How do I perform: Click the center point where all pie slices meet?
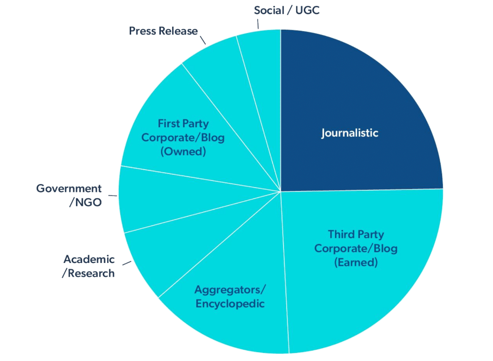point(280,191)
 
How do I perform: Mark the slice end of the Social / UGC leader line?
point(259,29)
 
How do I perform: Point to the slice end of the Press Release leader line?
point(206,44)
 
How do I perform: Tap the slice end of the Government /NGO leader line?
point(117,196)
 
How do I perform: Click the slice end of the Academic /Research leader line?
point(131,261)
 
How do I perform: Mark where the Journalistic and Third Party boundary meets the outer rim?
point(443,189)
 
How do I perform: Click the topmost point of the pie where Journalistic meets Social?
point(280,30)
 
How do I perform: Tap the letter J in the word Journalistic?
point(323,133)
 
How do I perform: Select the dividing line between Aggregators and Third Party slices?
point(284,272)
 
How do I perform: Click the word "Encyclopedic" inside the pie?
point(230,304)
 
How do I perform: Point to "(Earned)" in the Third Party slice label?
point(356,263)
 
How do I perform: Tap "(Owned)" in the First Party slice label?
point(184,151)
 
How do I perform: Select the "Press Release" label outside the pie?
point(164,31)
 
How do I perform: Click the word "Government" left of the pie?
point(69,189)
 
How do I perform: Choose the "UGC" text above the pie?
point(308,10)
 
